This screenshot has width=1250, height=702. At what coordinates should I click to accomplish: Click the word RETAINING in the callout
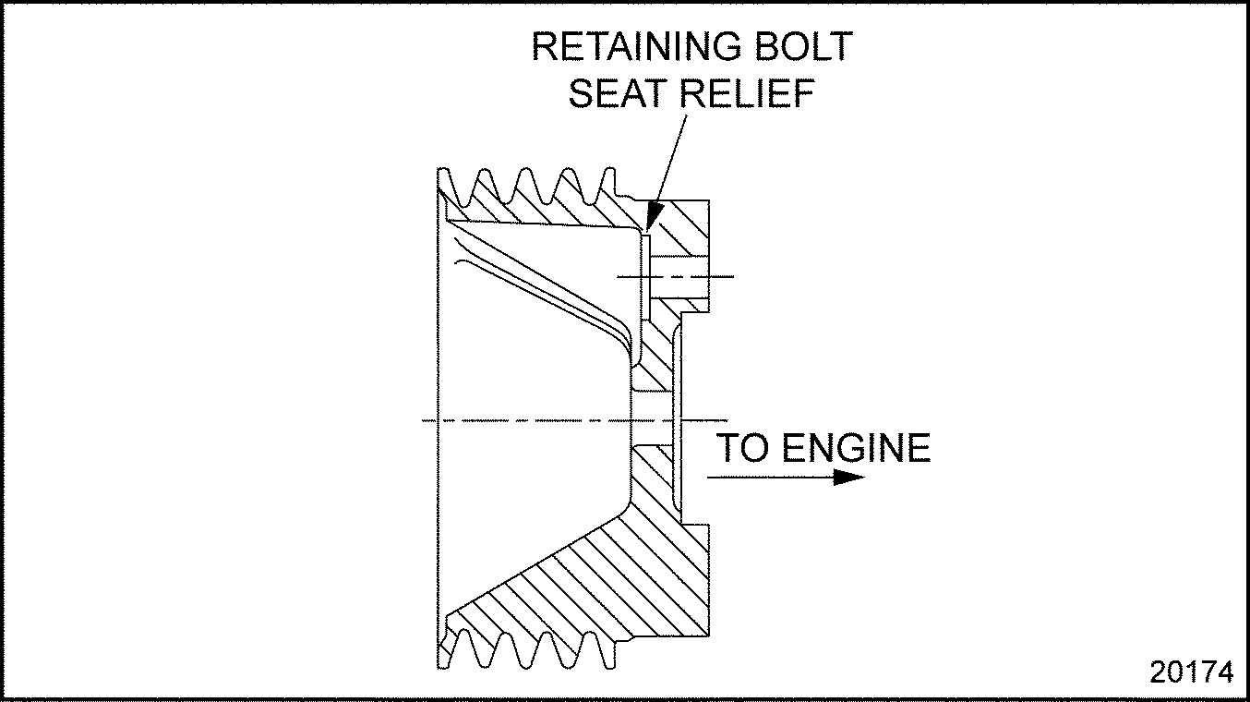coord(629,48)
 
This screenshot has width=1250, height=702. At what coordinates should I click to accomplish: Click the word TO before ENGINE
coord(742,448)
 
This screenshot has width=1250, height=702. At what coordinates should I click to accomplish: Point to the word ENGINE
coord(856,448)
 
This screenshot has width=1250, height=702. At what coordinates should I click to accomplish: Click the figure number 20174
coord(1191,672)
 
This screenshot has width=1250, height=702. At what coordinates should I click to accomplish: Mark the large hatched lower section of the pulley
coord(591,573)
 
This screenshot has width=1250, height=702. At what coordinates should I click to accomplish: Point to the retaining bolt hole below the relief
coord(679,276)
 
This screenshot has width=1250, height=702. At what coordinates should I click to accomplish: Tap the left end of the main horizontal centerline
coord(426,420)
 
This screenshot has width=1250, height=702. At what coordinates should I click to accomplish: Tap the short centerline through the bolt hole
coord(720,276)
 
